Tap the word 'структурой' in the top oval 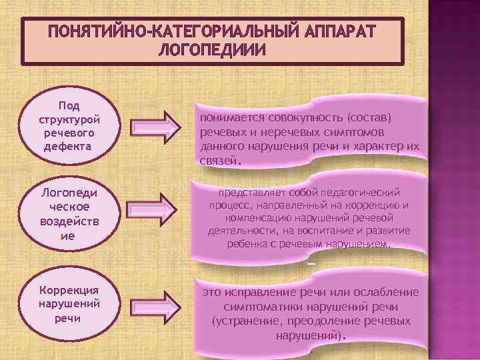point(69,118)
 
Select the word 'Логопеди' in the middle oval point(69,193)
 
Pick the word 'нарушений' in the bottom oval point(69,304)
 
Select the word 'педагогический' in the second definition point(360,192)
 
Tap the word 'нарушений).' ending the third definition point(311,335)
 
